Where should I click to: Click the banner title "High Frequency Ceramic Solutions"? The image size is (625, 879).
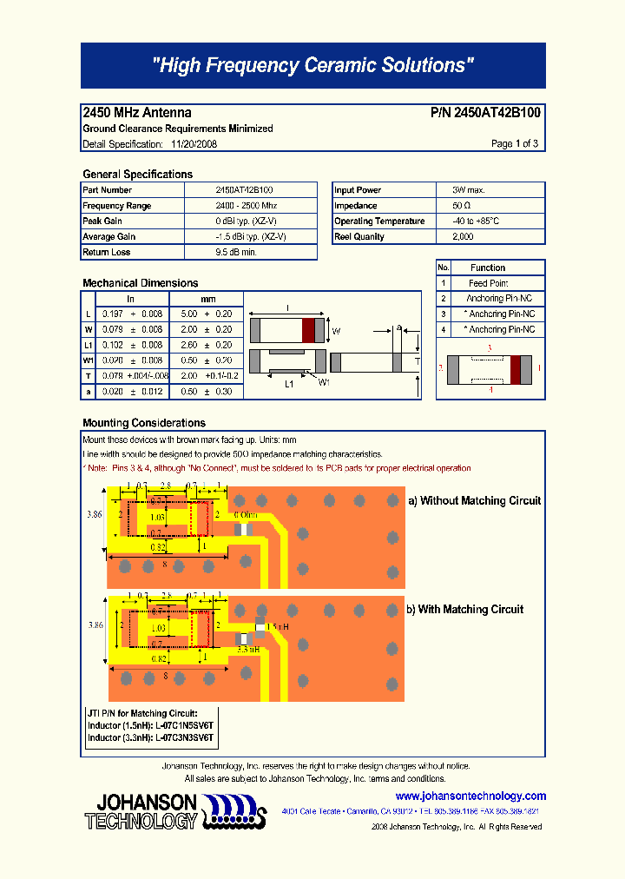pyautogui.click(x=312, y=65)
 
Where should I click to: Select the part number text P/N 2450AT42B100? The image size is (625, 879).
pyautogui.click(x=485, y=113)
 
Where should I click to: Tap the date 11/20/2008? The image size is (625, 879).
pyautogui.click(x=194, y=144)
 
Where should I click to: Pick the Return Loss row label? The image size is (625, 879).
pyautogui.click(x=107, y=253)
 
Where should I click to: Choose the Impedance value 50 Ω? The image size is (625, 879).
pyautogui.click(x=462, y=206)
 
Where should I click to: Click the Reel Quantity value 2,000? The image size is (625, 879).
pyautogui.click(x=463, y=237)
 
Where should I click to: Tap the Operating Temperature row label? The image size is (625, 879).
pyautogui.click(x=379, y=221)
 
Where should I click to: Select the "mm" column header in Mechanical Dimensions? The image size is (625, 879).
pyautogui.click(x=208, y=299)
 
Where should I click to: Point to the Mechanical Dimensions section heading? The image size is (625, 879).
pyautogui.click(x=140, y=283)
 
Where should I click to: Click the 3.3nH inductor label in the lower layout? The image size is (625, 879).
pyautogui.click(x=248, y=648)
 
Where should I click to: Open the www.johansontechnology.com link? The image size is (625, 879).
pyautogui.click(x=470, y=796)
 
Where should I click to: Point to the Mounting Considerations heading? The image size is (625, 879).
pyautogui.click(x=143, y=423)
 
